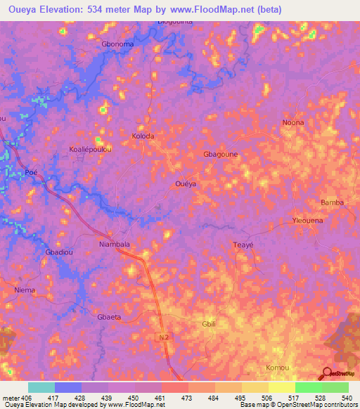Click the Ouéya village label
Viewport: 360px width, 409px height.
pyautogui.click(x=184, y=183)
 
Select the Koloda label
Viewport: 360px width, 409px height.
pyautogui.click(x=143, y=136)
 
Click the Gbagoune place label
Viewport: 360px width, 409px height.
pyautogui.click(x=219, y=154)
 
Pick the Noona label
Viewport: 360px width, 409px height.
pyautogui.click(x=293, y=122)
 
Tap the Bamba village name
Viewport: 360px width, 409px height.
pyautogui.click(x=332, y=202)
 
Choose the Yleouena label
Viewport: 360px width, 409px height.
pyautogui.click(x=307, y=221)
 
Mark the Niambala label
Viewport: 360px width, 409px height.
pyautogui.click(x=114, y=245)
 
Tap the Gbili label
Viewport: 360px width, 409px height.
pyautogui.click(x=209, y=324)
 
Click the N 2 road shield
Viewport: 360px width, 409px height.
pyautogui.click(x=162, y=339)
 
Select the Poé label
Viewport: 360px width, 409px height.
pyautogui.click(x=30, y=172)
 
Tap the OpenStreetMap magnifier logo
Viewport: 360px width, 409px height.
pyautogui.click(x=328, y=373)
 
